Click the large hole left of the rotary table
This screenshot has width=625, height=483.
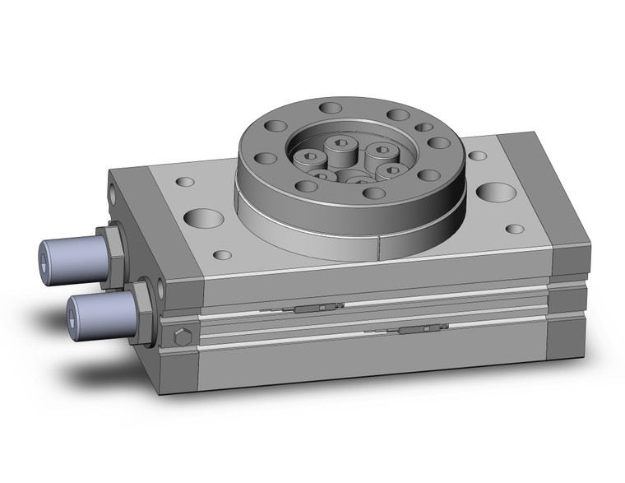click(x=204, y=218)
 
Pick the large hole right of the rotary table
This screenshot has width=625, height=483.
click(x=496, y=193)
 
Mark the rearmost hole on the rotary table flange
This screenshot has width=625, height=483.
click(x=331, y=108)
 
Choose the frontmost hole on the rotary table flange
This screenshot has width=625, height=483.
click(x=373, y=193)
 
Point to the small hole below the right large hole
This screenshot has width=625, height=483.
click(x=515, y=229)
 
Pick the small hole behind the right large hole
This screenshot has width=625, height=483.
click(x=477, y=155)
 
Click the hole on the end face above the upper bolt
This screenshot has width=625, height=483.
click(x=113, y=194)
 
